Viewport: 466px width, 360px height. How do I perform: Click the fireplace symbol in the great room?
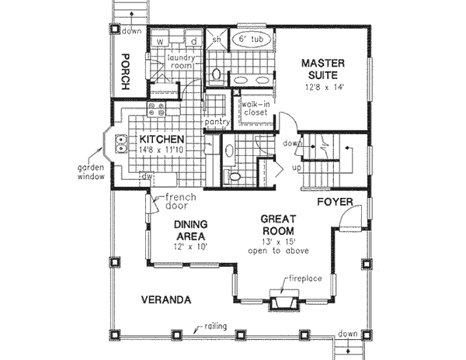tap(281, 301)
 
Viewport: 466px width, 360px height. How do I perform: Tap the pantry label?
tap(214, 123)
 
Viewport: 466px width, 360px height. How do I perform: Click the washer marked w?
tap(159, 40)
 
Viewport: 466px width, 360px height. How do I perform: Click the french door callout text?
tap(180, 203)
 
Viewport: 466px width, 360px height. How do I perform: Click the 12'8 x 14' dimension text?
tap(324, 87)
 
